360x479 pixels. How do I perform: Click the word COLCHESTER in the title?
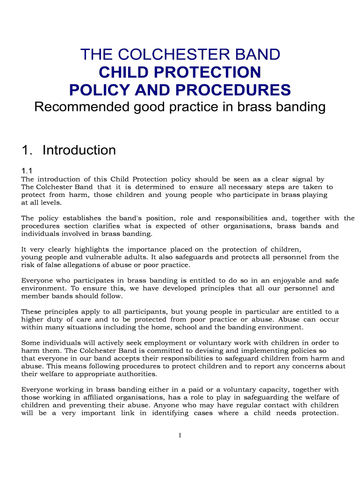click(x=163, y=55)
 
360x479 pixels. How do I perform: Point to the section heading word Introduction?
click(x=79, y=150)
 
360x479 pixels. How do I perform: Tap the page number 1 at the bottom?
click(x=180, y=435)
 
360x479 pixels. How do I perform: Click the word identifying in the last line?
click(x=170, y=413)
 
